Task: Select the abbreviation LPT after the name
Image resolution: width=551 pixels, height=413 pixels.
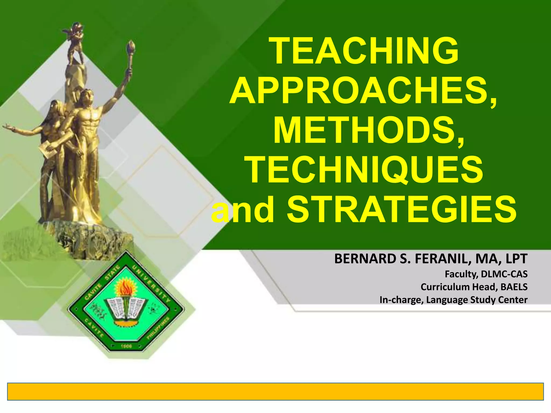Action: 516,259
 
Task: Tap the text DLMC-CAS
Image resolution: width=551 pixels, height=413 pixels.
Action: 504,274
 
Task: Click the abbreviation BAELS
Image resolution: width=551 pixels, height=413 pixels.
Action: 514,287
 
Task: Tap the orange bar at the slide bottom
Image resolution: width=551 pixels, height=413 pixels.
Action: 275,391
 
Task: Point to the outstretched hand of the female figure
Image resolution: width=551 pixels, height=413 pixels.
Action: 7,126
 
